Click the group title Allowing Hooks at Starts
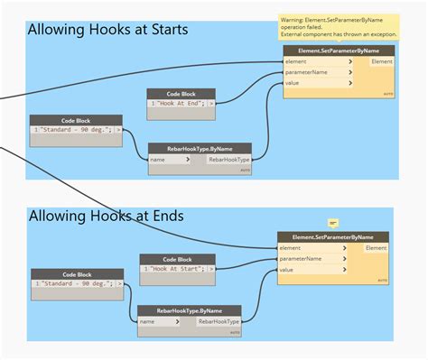tap(107, 30)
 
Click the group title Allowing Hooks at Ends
tap(107, 216)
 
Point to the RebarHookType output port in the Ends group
tap(219, 321)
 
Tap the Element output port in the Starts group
tap(381, 61)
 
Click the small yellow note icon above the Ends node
tap(332, 222)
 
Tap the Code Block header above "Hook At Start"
tap(178, 259)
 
